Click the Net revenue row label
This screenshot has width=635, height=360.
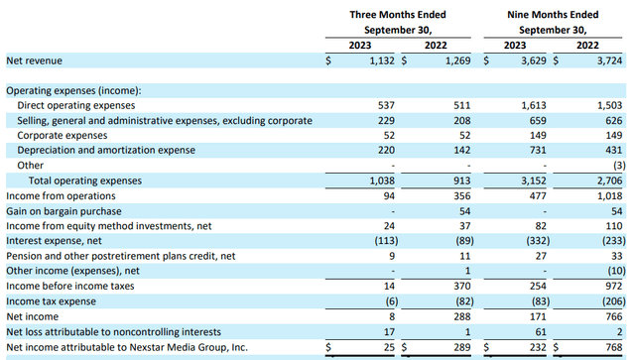coord(35,60)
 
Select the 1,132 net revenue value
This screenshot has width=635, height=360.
coord(382,60)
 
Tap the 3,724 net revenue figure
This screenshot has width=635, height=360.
coord(609,60)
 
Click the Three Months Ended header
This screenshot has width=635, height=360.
coord(398,15)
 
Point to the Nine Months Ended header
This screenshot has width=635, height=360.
coord(553,15)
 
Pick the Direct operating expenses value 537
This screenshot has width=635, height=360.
coord(386,105)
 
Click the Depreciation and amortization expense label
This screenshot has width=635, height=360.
coord(106,150)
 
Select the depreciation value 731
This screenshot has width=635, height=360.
coord(538,150)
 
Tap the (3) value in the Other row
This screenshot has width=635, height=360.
coord(619,166)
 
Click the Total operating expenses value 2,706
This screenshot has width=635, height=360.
coord(609,180)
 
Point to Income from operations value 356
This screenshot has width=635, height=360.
coord(462,196)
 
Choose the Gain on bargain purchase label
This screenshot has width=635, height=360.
coord(63,211)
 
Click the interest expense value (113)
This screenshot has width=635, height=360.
coord(386,241)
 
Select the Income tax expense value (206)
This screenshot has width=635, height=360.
coord(614,301)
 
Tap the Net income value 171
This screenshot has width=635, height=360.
coord(538,316)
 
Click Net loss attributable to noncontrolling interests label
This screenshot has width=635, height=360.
coord(114,332)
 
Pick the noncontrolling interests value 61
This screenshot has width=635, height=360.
coord(541,332)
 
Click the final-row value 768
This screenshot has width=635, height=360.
coord(614,347)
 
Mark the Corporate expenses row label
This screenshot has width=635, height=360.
coord(63,135)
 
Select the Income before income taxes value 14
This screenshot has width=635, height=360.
coord(389,287)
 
